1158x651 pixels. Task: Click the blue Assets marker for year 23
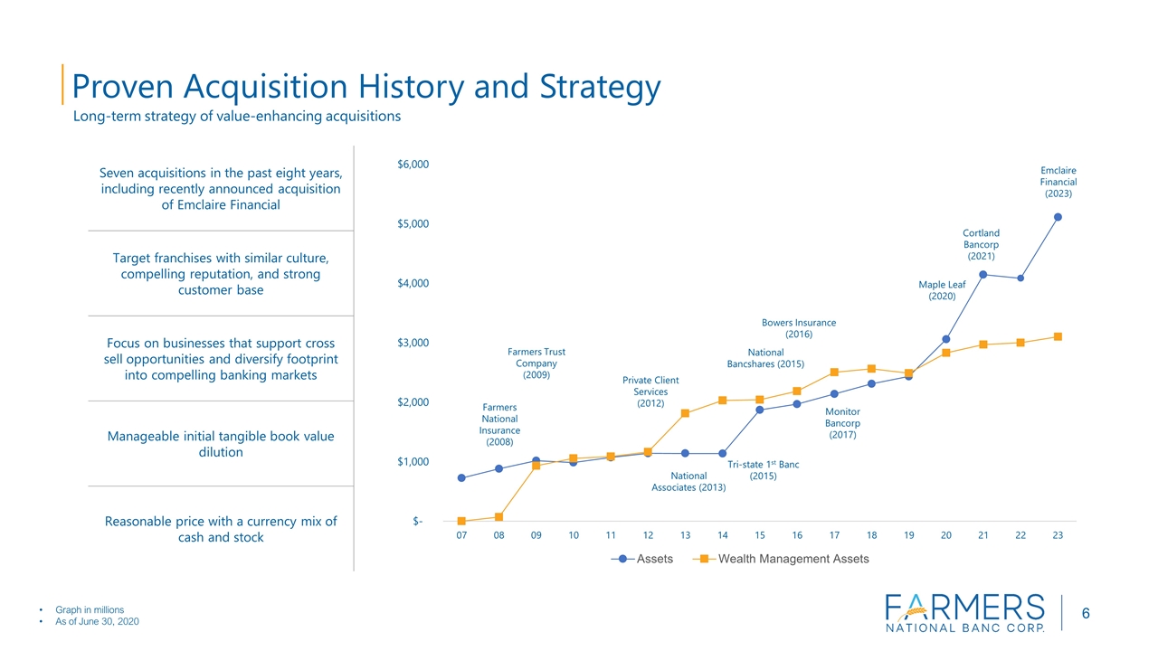pyautogui.click(x=1058, y=217)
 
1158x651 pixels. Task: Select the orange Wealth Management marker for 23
pyautogui.click(x=1058, y=336)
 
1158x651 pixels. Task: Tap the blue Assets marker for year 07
pyautogui.click(x=461, y=478)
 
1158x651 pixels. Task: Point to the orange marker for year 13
pyautogui.click(x=685, y=413)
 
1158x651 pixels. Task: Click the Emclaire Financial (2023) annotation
pyautogui.click(x=1058, y=182)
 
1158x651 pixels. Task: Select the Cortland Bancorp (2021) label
pyautogui.click(x=981, y=244)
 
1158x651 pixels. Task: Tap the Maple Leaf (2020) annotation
pyautogui.click(x=942, y=290)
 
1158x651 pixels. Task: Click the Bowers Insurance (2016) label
pyautogui.click(x=798, y=328)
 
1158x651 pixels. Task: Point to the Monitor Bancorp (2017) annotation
pyautogui.click(x=842, y=423)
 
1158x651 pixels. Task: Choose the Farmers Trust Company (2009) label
pyautogui.click(x=536, y=363)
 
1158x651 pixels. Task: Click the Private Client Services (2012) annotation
pyautogui.click(x=650, y=392)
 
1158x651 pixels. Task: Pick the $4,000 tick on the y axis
pyautogui.click(x=413, y=284)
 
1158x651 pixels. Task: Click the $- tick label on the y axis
pyautogui.click(x=417, y=522)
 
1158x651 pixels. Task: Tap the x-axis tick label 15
pyautogui.click(x=759, y=536)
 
